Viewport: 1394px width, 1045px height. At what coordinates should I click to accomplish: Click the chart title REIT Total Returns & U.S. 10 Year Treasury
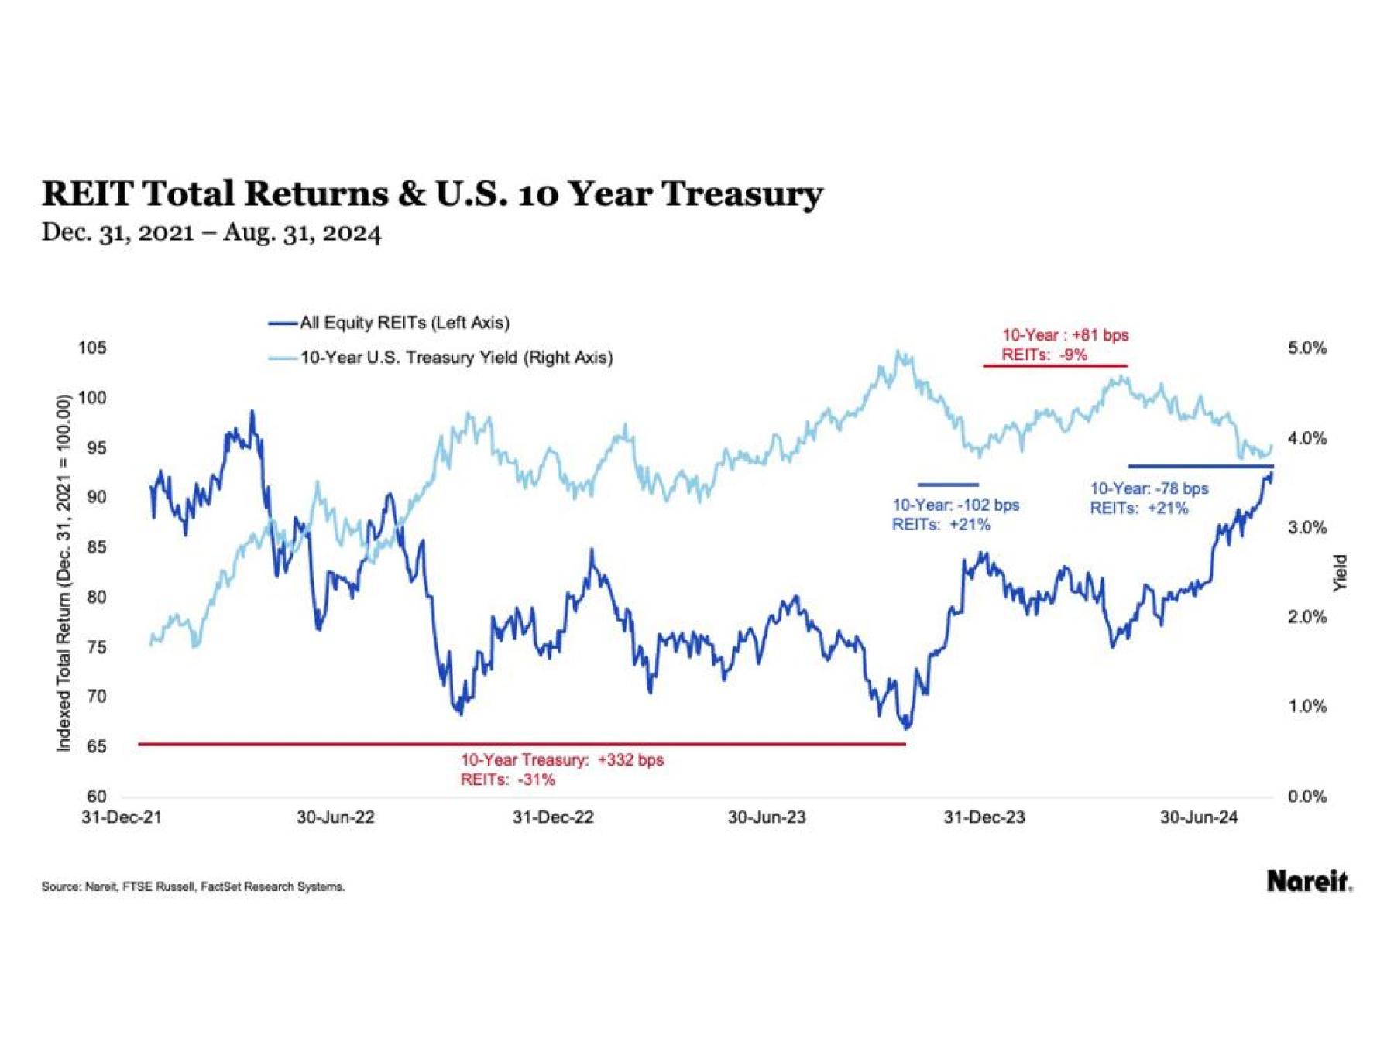(x=431, y=194)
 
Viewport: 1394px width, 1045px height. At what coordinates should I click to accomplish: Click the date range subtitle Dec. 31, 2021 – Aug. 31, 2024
(x=211, y=233)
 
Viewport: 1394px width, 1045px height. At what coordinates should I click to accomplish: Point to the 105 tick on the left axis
(x=91, y=348)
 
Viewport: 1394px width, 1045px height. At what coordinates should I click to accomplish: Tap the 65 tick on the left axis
(x=96, y=746)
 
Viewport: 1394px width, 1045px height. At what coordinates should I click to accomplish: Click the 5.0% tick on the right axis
(x=1307, y=348)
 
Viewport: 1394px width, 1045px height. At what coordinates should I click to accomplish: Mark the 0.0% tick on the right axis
(x=1307, y=797)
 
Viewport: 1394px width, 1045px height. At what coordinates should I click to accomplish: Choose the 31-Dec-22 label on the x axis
(x=553, y=817)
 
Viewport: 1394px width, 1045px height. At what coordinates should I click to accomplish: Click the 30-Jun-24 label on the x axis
(x=1198, y=817)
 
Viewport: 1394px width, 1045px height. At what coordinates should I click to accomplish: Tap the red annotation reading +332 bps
(x=562, y=760)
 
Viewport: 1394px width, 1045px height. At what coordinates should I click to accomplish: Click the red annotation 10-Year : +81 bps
(x=1065, y=335)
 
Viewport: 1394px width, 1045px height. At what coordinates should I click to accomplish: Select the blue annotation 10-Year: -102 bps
(x=955, y=505)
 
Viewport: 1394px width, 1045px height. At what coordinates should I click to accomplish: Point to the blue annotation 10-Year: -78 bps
(x=1149, y=488)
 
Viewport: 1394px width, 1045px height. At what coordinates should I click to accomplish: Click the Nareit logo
(x=1309, y=881)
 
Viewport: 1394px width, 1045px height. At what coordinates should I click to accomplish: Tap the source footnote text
(x=193, y=887)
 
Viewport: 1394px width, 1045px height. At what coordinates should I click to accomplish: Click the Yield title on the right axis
(x=1340, y=574)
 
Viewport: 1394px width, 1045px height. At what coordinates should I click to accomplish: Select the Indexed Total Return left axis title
(x=64, y=573)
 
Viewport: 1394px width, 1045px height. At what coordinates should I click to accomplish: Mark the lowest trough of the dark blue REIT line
(x=907, y=728)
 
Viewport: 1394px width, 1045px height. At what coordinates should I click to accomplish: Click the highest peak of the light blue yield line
(x=898, y=352)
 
